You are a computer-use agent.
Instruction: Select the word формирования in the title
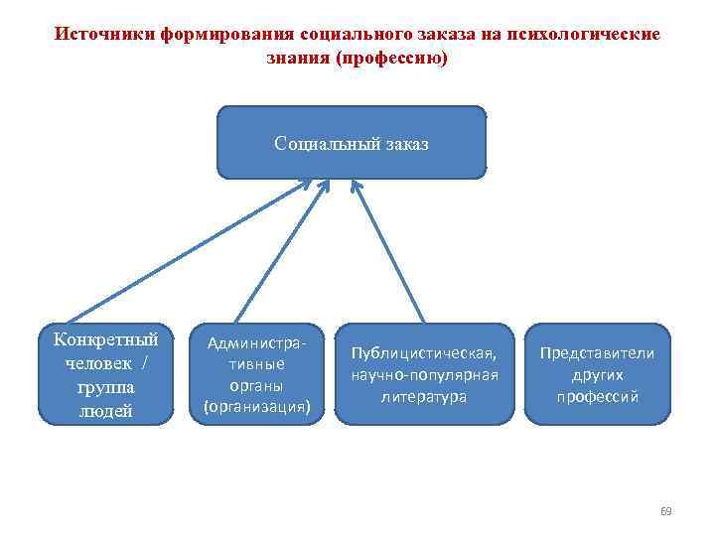click(204, 34)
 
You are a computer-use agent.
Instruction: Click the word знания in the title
click(299, 59)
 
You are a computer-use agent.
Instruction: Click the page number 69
click(665, 512)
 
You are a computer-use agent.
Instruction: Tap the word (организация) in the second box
click(257, 406)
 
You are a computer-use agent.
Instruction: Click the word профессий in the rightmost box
click(597, 397)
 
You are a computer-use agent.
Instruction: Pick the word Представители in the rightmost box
click(597, 353)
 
